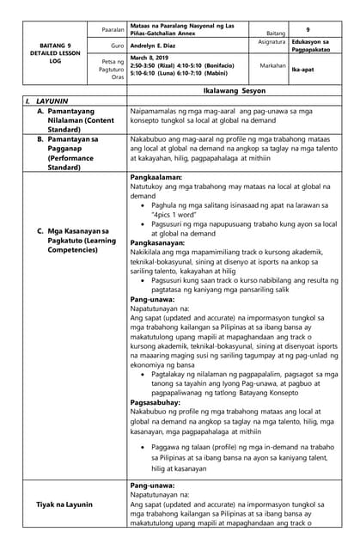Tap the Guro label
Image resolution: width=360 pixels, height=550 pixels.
(118, 44)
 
